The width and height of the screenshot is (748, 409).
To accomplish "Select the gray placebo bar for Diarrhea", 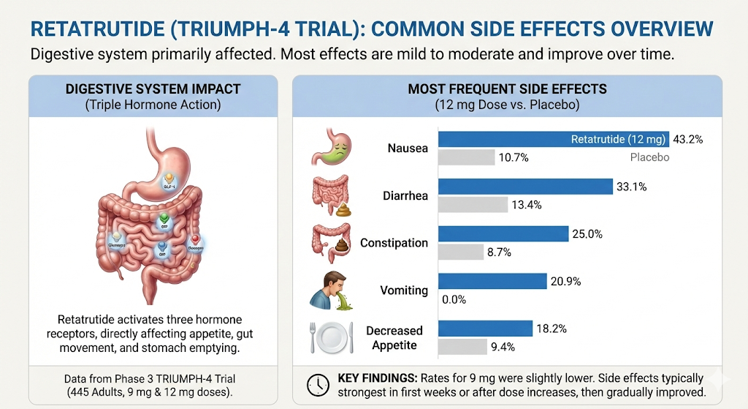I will (473, 204).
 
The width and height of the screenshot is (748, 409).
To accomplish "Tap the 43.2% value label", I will (687, 139).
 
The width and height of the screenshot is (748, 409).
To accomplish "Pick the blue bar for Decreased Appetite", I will (485, 329).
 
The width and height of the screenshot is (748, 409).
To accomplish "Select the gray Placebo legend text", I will (649, 157).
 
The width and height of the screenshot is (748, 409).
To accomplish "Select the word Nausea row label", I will (408, 149).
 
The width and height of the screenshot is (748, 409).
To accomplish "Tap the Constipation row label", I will (394, 243).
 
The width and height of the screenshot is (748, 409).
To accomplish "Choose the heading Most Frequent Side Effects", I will (507, 89).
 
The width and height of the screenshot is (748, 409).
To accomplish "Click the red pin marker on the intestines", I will (196, 241).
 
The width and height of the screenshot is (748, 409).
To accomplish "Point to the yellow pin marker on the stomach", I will (169, 178).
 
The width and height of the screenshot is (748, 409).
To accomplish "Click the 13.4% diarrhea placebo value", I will (526, 205).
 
